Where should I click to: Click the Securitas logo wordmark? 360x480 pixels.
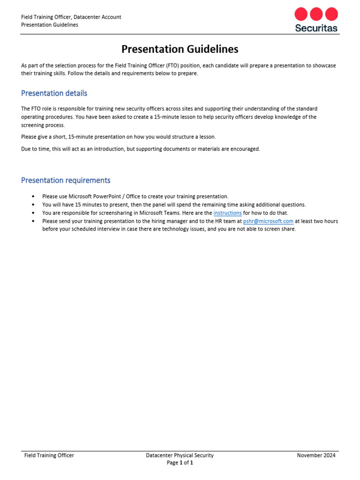tap(316, 28)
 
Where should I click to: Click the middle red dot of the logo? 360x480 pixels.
tap(316, 14)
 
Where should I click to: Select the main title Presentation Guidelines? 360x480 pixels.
tap(180, 49)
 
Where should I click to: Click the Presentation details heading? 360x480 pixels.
tap(54, 93)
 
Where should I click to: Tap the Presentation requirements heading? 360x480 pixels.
tap(66, 180)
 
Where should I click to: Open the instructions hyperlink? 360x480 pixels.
tap(227, 213)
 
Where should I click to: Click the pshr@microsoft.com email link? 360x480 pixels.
tap(268, 221)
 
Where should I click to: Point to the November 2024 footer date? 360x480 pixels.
tap(316, 455)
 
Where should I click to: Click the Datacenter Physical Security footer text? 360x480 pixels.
tap(180, 455)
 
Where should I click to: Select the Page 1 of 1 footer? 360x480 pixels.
tap(180, 463)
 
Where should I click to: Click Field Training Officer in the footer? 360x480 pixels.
tap(49, 455)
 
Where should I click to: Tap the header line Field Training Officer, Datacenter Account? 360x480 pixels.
tap(71, 17)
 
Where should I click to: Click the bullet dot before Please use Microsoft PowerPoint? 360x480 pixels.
tap(33, 196)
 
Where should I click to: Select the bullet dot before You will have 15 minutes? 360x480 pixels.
tap(33, 205)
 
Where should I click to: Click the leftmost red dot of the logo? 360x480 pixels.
tap(301, 14)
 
